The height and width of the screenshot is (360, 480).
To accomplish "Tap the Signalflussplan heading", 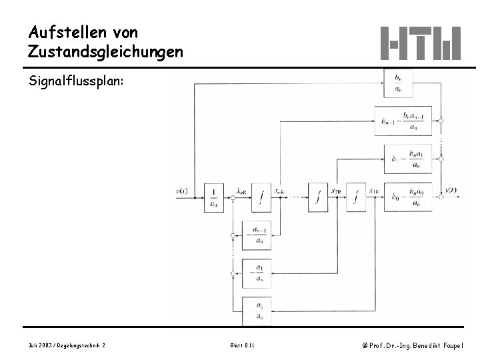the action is pyautogui.click(x=75, y=82).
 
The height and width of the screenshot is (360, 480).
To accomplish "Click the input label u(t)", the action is pyautogui.click(x=182, y=191).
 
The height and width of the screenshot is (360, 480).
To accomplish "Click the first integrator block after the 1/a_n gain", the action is pyautogui.click(x=263, y=197).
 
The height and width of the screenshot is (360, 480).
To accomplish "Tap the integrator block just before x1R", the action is pyautogui.click(x=356, y=197).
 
